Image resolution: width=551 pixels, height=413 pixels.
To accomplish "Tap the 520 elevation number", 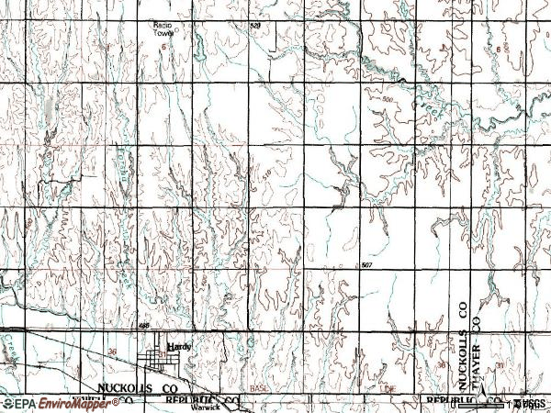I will tap(255, 27).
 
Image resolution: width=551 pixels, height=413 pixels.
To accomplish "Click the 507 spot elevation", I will tap(366, 265).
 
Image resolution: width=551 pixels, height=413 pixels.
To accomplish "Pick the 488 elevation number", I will tap(144, 324).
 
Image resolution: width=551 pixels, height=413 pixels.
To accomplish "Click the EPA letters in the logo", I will tap(22, 403).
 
